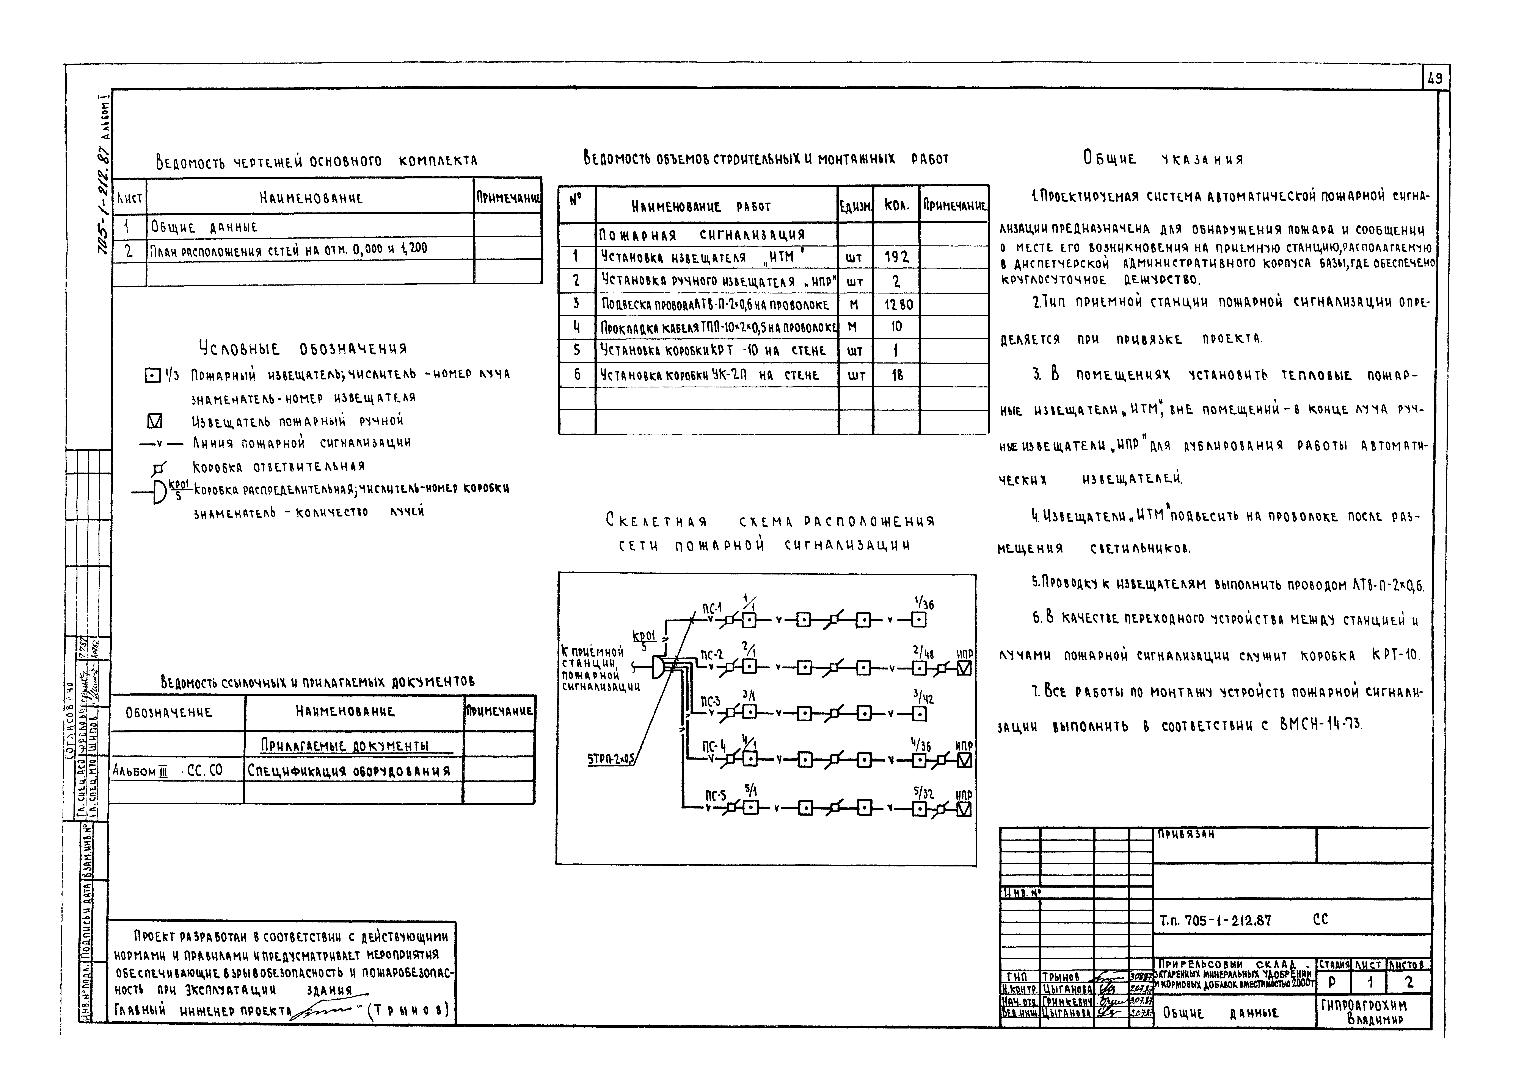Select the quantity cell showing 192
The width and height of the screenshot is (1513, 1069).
click(x=896, y=257)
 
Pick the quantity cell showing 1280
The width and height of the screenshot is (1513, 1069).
click(x=896, y=304)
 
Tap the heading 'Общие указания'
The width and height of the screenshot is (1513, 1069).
click(x=1163, y=159)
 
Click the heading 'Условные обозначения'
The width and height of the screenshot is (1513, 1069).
click(x=303, y=348)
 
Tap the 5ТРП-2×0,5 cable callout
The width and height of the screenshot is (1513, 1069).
click(x=611, y=759)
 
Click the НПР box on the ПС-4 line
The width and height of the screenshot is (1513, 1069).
click(x=964, y=761)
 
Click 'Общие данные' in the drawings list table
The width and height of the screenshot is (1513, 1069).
click(x=204, y=227)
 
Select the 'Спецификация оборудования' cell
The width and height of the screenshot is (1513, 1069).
click(x=349, y=771)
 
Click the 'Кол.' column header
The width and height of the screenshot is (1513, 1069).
click(x=896, y=206)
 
